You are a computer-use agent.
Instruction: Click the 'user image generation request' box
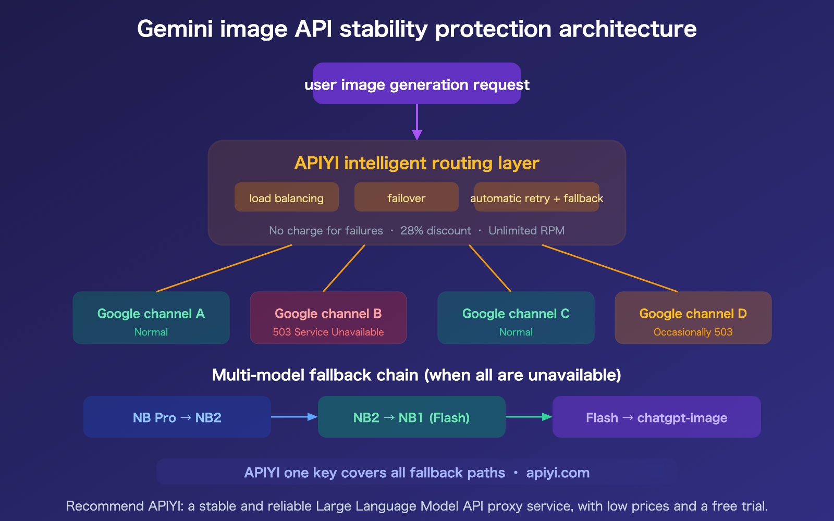pos(417,84)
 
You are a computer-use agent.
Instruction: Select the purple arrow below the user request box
pos(417,122)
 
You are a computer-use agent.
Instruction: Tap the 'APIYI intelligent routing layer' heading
pos(417,163)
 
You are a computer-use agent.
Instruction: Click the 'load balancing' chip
pos(287,197)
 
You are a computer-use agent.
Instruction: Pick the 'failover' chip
pos(407,197)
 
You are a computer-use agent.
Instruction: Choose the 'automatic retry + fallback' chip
pos(537,197)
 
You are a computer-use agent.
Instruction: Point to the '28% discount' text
pos(436,231)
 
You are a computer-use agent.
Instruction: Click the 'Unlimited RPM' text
pos(526,231)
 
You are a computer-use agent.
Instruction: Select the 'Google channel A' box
pos(151,318)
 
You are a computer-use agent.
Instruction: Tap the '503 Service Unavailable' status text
pos(328,332)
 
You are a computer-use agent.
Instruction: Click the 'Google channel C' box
pos(516,318)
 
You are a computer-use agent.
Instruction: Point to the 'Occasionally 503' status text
pos(693,332)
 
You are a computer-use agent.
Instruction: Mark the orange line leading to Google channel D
pos(610,268)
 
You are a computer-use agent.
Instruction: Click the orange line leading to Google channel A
pos(224,268)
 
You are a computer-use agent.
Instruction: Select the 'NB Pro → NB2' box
pos(177,417)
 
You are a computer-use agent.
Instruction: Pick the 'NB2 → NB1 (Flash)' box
pos(412,417)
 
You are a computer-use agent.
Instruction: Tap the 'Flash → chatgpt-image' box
pos(657,417)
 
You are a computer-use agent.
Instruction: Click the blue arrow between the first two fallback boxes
pos(294,417)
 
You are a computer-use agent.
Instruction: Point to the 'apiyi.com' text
pos(558,473)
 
